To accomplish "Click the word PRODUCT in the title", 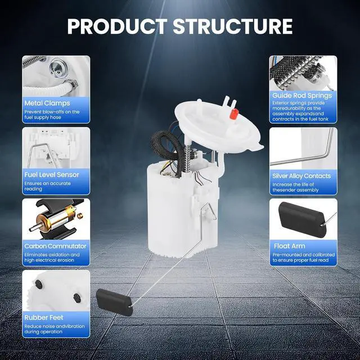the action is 118,26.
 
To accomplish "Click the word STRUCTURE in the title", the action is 233,26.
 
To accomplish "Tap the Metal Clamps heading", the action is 47,103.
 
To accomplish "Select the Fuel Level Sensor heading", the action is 52,175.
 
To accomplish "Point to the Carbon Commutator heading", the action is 55,246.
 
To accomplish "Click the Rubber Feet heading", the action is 44,318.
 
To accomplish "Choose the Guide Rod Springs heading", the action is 302,96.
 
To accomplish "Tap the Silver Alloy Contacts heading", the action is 301,176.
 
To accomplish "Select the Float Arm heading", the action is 290,246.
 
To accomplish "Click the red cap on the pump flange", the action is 234,114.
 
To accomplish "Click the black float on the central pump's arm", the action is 114,302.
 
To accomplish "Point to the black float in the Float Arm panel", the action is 302,219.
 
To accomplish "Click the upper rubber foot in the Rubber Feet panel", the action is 39,284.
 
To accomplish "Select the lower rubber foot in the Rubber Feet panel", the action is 76,298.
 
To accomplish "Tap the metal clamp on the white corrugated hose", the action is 71,84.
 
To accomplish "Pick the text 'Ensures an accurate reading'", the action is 47,186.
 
